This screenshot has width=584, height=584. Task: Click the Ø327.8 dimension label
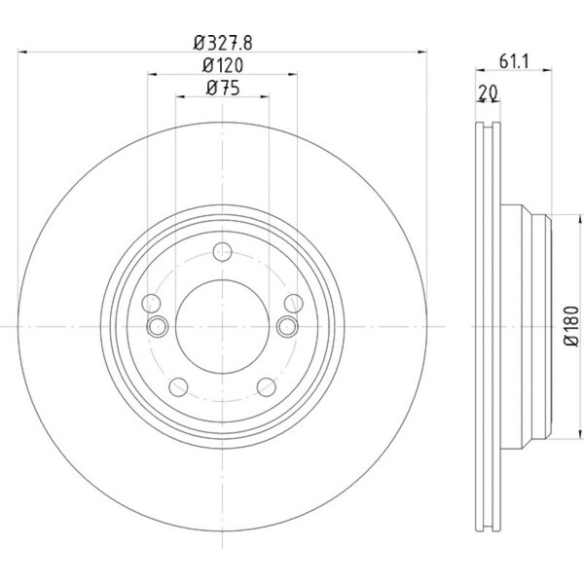click(223, 43)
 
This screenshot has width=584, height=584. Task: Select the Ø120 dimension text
click(223, 66)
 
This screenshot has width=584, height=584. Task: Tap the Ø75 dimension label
click(223, 89)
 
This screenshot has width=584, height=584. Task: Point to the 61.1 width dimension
click(514, 61)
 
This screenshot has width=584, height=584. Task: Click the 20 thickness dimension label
click(488, 93)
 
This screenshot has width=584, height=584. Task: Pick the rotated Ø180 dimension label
click(571, 326)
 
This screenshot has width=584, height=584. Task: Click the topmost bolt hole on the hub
click(222, 252)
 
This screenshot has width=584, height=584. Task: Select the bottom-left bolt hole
click(178, 387)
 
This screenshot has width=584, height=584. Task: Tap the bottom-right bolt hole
click(267, 387)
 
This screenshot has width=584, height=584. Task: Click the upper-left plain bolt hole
click(151, 303)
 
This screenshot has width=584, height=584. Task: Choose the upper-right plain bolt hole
click(294, 303)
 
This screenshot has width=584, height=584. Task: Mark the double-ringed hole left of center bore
click(158, 327)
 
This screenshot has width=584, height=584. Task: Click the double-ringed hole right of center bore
click(287, 327)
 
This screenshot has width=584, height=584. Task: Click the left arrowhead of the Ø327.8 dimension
click(22, 53)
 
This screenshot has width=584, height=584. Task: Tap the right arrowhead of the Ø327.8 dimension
click(422, 53)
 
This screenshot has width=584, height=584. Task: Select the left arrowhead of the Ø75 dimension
click(180, 96)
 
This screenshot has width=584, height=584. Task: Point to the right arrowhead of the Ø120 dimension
click(293, 75)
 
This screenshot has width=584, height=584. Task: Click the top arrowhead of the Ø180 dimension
click(580, 219)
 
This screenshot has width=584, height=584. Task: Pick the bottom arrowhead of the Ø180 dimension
click(580, 434)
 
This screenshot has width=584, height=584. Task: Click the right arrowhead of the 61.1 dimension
click(547, 70)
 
